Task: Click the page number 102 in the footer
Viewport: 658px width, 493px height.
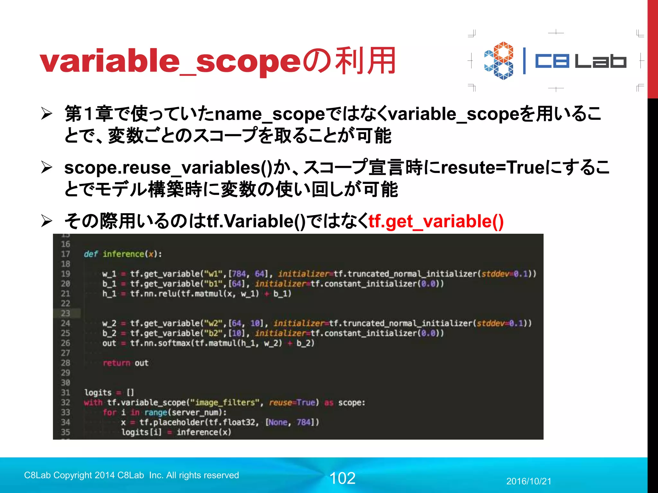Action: (x=342, y=478)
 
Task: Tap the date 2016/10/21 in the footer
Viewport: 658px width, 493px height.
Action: (x=529, y=481)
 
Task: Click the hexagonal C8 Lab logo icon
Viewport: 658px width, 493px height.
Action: (x=499, y=61)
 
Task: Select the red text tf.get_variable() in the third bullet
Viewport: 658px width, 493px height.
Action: (x=436, y=221)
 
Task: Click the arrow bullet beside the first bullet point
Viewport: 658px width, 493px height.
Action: (x=47, y=114)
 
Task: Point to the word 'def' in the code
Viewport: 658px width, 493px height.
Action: (x=91, y=254)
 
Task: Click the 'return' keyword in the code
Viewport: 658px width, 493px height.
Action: (x=116, y=363)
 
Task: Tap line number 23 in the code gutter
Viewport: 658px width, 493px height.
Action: (x=66, y=313)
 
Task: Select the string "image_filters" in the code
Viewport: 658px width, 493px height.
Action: (x=225, y=402)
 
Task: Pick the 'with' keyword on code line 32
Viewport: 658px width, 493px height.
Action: (x=93, y=402)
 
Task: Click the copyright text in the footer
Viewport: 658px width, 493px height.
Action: (x=131, y=475)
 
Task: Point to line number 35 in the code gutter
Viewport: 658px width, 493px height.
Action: (x=66, y=432)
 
